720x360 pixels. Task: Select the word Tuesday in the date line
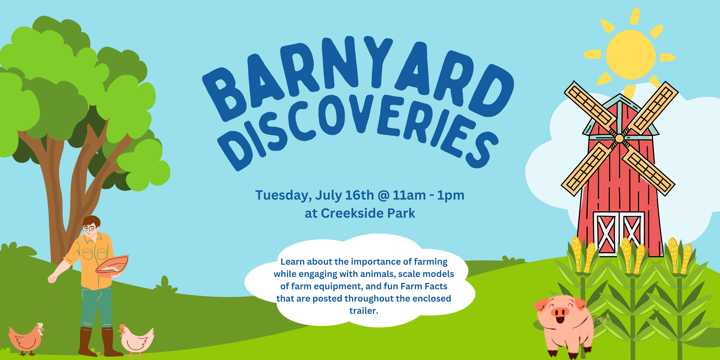[x=283, y=195]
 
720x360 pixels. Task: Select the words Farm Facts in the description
[x=424, y=286]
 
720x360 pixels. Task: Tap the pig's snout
[x=560, y=312]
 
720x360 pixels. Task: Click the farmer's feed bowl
[x=112, y=266]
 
